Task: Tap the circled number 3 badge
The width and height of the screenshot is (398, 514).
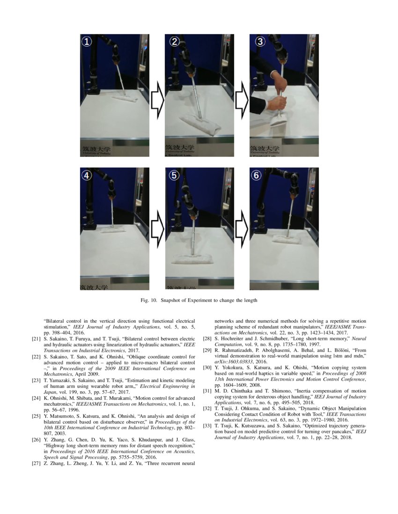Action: (x=259, y=42)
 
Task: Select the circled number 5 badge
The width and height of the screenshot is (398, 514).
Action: (x=174, y=175)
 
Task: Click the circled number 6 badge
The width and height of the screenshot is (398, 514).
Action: (x=256, y=175)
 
